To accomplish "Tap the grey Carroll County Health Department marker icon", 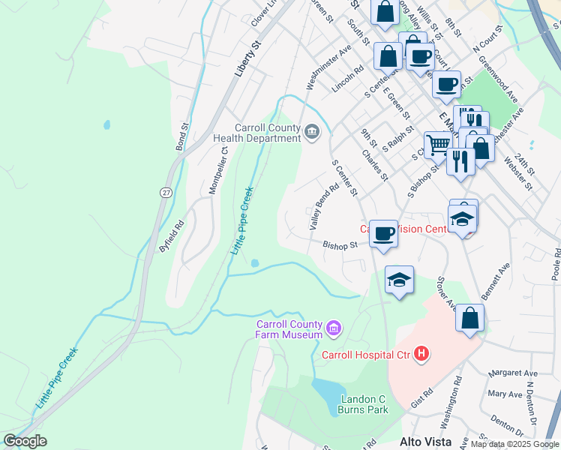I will pos(312,133).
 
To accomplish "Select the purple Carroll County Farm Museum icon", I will pos(333,328).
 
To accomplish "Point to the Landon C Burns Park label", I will pos(364,404).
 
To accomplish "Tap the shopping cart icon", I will pos(438,144).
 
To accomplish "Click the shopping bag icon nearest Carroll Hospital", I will pos(469,317).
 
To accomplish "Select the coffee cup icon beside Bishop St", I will pos(384,233).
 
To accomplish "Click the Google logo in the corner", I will pos(25,441).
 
